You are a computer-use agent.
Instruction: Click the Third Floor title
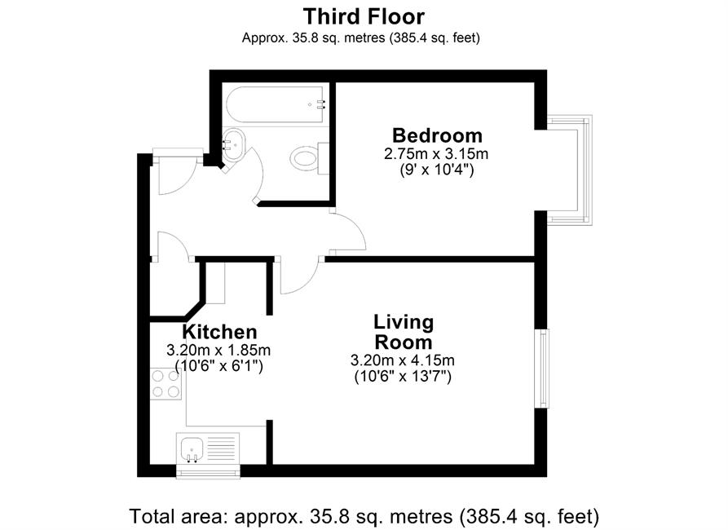click(x=364, y=17)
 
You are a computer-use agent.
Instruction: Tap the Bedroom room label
click(x=437, y=135)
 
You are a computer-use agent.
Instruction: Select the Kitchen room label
click(x=219, y=332)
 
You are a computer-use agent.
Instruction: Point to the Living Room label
click(x=404, y=332)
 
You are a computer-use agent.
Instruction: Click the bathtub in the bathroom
click(x=275, y=104)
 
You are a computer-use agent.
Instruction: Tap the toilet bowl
click(x=305, y=158)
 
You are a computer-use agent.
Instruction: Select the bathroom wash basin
click(x=233, y=144)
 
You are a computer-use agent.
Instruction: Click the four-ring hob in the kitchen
click(x=165, y=383)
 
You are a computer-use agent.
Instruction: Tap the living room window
click(x=541, y=369)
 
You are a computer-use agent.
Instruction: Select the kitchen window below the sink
click(x=208, y=473)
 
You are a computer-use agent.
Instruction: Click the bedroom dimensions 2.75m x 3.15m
click(x=436, y=153)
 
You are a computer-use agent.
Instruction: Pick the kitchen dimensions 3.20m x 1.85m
click(x=218, y=350)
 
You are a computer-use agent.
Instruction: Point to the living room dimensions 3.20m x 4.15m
click(x=403, y=360)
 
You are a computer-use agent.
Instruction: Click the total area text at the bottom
click(x=364, y=516)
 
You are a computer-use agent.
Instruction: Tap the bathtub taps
click(x=320, y=104)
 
